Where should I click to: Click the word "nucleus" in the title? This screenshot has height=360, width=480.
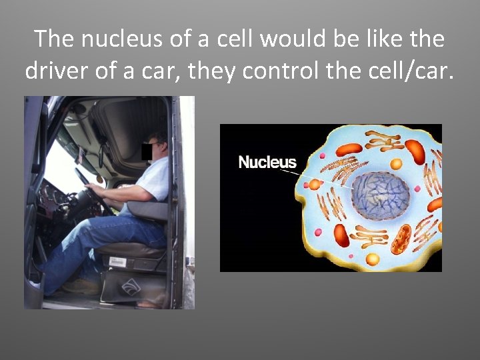coord(123,39)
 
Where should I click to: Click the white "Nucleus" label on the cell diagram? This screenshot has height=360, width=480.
coord(267,162)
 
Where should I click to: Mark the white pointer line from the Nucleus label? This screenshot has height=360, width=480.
coord(291,173)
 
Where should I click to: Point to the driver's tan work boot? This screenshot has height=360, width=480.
coord(80,287)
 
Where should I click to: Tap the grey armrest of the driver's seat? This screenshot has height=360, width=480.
coord(148,210)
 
